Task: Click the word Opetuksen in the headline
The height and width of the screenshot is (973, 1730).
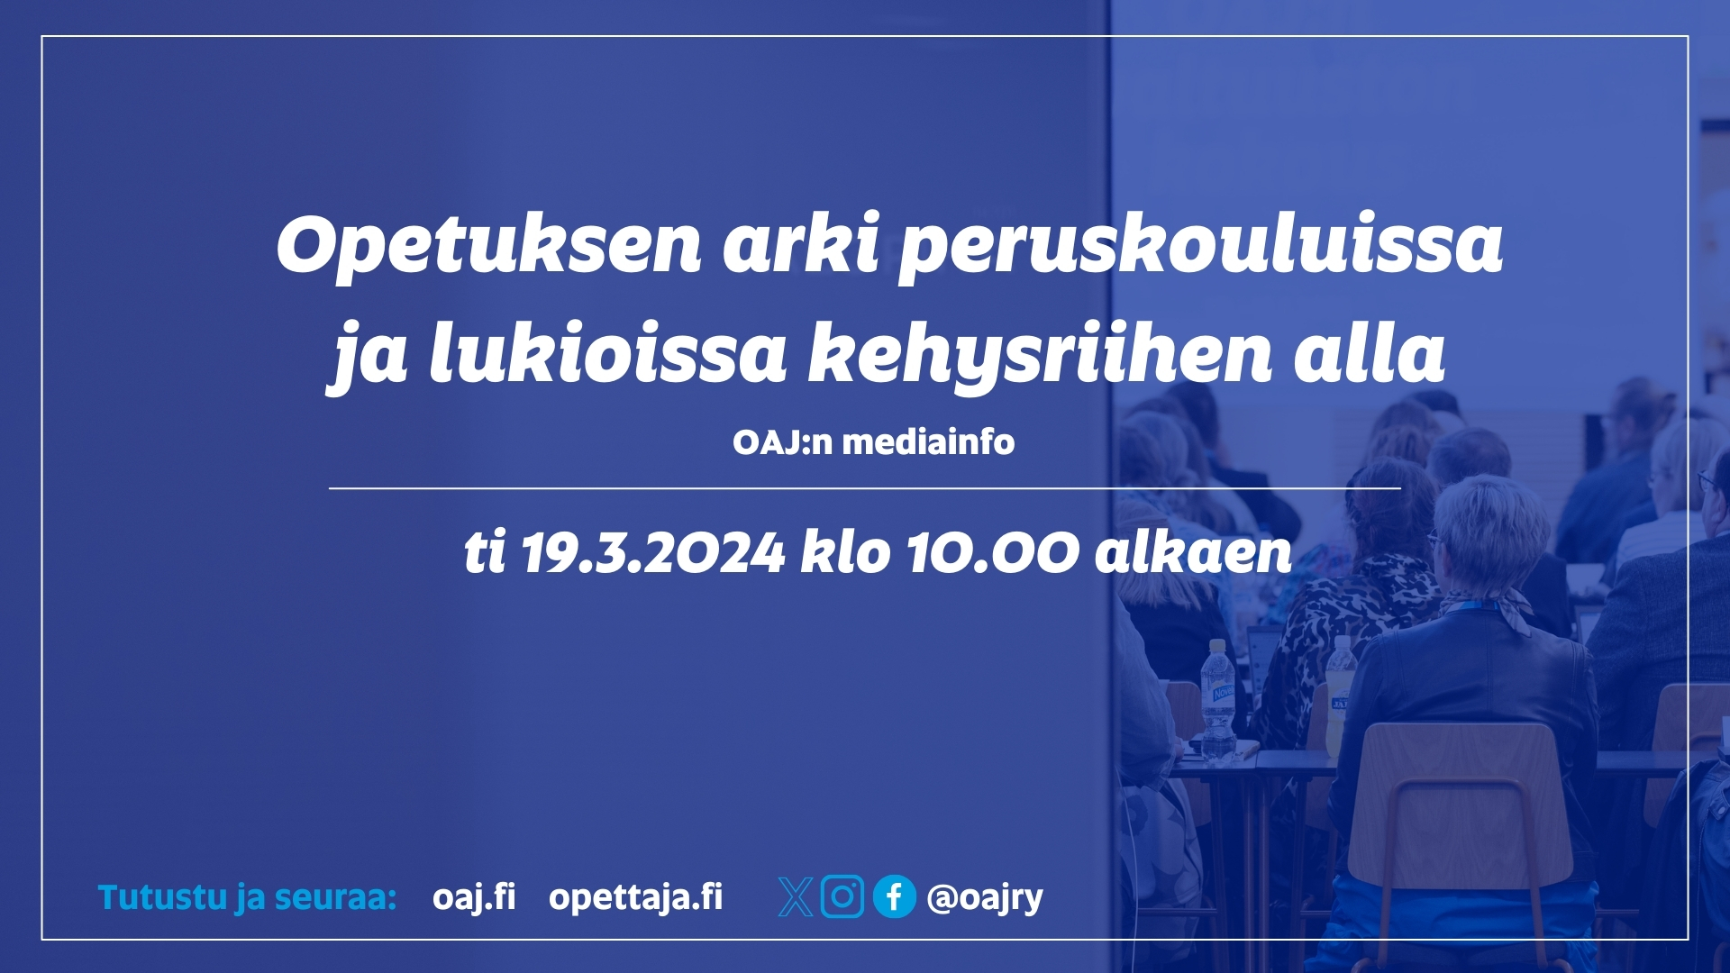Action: pyautogui.click(x=488, y=245)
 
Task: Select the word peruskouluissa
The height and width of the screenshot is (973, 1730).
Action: pyautogui.click(x=1201, y=248)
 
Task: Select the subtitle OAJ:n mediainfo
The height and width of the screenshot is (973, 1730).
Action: pyautogui.click(x=873, y=442)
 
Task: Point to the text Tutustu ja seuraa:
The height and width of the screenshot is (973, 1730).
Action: pyautogui.click(x=247, y=898)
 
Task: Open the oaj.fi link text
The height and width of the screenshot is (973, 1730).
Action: pyautogui.click(x=474, y=897)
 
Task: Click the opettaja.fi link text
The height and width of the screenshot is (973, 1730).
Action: pyautogui.click(x=636, y=898)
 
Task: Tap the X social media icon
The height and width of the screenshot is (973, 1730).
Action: pyautogui.click(x=796, y=897)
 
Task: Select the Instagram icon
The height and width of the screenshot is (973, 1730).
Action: pyautogui.click(x=842, y=896)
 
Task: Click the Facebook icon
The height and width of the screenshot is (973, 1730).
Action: pyautogui.click(x=895, y=896)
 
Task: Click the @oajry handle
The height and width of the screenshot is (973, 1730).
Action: pyautogui.click(x=985, y=898)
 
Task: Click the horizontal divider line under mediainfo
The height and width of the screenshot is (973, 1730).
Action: pyautogui.click(x=865, y=488)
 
